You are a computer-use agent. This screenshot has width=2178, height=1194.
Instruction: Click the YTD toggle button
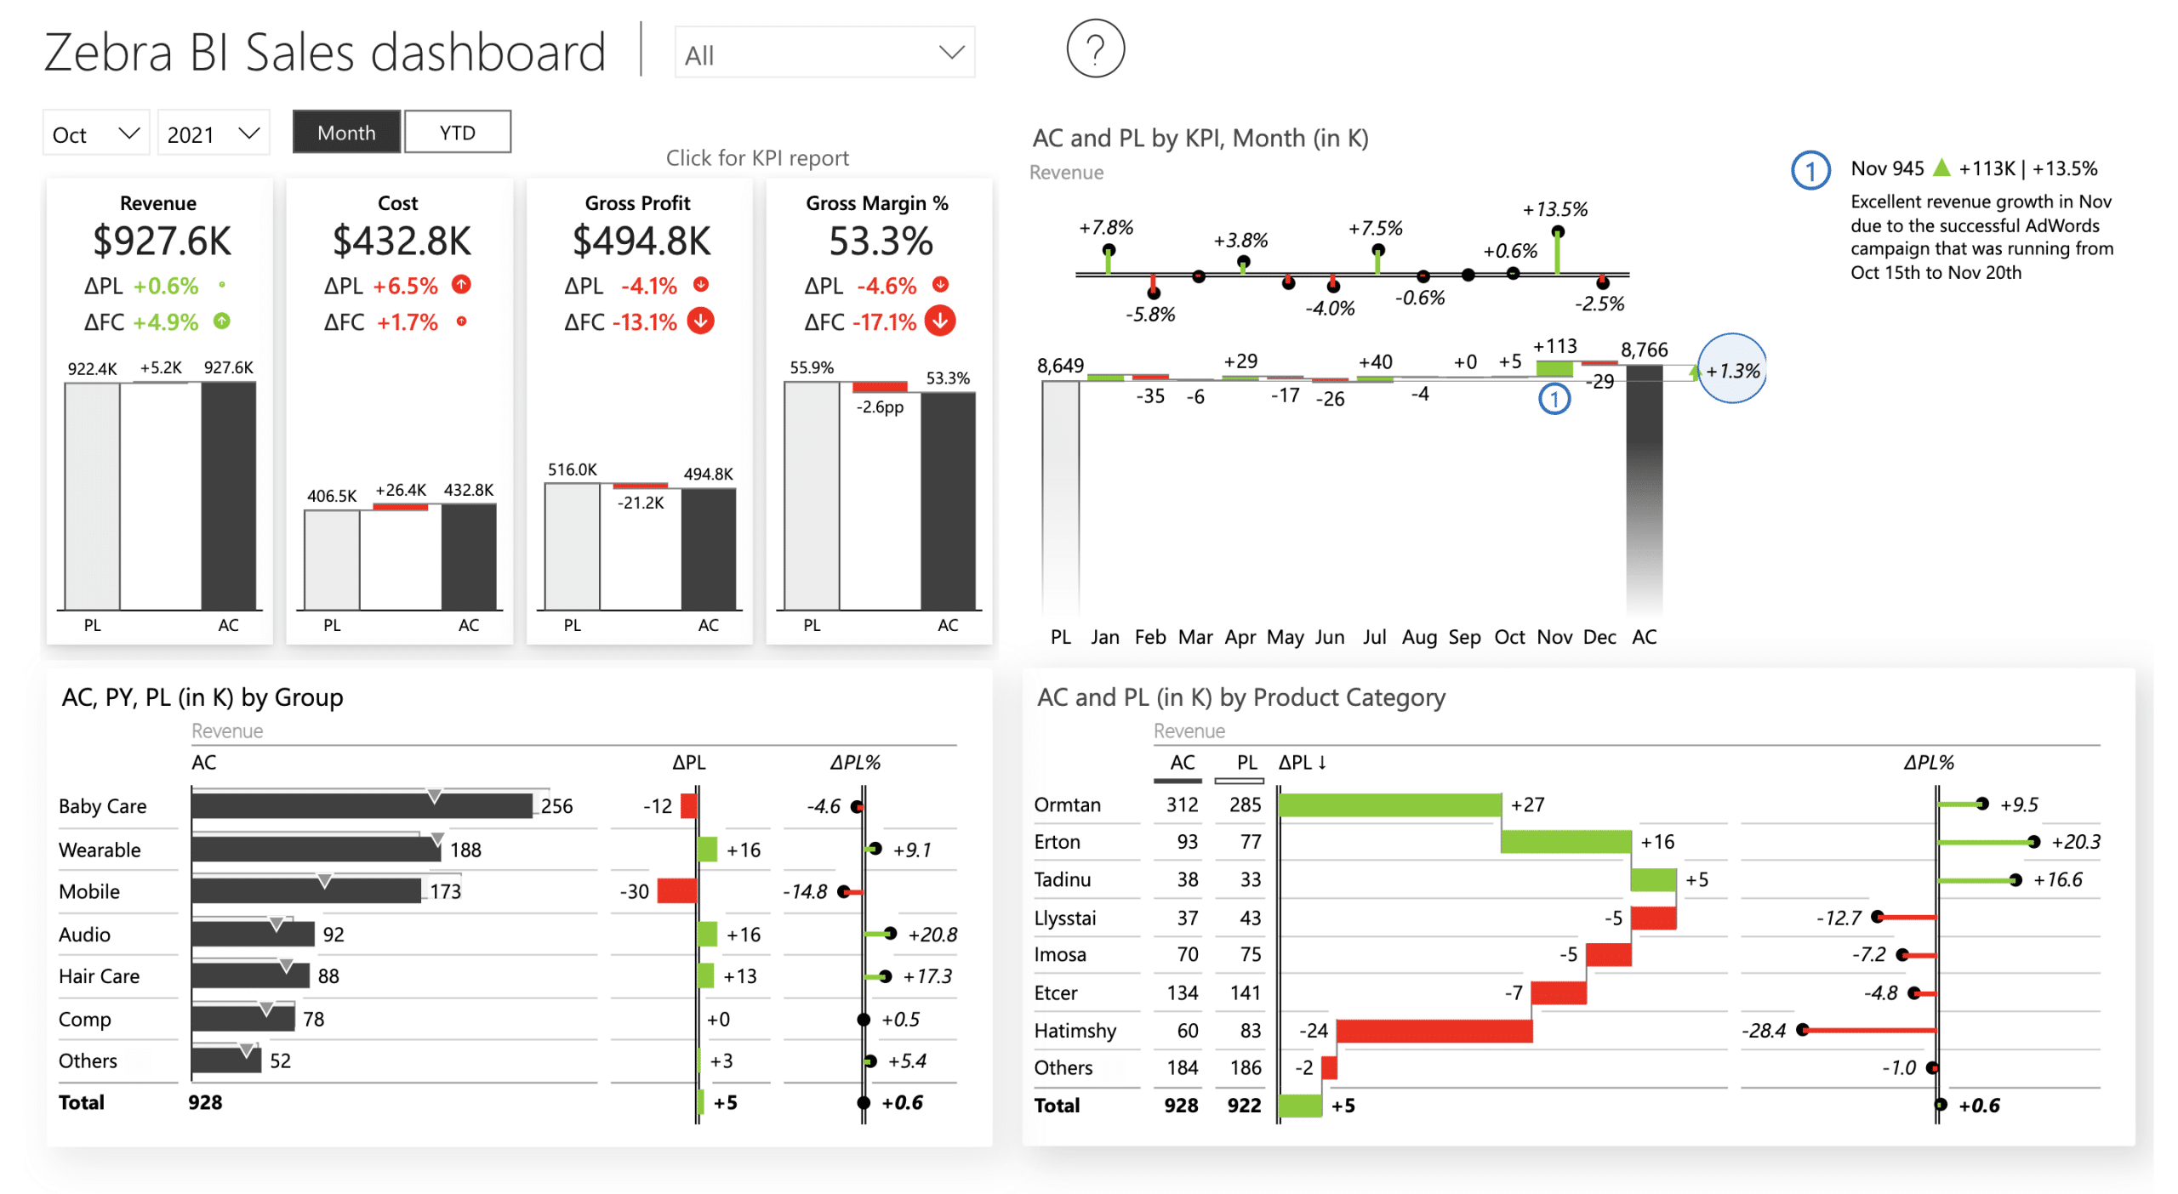[457, 133]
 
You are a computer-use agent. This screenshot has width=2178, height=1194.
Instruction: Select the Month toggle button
[345, 133]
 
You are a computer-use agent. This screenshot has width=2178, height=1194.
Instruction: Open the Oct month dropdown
[95, 134]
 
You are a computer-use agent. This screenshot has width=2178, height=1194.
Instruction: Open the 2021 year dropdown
[213, 134]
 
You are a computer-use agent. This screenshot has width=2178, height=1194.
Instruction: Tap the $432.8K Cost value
[401, 242]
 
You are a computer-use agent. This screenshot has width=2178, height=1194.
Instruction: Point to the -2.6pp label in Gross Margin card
[879, 407]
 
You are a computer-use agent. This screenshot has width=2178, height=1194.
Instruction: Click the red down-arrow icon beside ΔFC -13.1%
[700, 321]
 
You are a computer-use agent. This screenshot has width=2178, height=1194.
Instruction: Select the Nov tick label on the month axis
[1554, 637]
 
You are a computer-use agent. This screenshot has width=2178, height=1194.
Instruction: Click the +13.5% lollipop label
[1554, 209]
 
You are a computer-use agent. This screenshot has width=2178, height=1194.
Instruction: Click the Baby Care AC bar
[361, 806]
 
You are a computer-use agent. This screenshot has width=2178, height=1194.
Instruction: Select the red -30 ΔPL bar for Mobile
[676, 891]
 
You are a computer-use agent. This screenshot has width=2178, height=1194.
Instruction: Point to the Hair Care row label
[99, 976]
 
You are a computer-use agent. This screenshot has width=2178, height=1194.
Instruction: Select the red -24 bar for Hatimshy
[1434, 1031]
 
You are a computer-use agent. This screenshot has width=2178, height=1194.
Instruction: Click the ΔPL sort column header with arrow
[1302, 763]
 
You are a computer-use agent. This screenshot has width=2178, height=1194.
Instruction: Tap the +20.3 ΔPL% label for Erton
[2074, 842]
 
